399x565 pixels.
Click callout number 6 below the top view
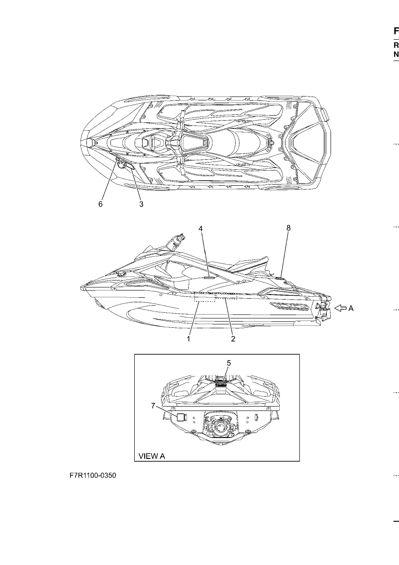[x=100, y=204]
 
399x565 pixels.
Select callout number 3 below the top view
[x=141, y=204]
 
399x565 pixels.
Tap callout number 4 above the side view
[x=200, y=229]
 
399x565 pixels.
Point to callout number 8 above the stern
[x=288, y=228]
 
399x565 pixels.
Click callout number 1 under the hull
[x=188, y=339]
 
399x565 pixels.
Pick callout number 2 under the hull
[x=233, y=339]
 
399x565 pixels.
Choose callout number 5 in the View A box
[x=228, y=363]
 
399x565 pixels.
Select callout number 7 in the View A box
[x=153, y=406]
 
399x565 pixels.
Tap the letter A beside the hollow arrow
[x=351, y=308]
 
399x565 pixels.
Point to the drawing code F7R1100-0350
[x=93, y=475]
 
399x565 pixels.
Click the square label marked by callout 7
[x=181, y=417]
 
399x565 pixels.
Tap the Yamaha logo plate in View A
[x=221, y=385]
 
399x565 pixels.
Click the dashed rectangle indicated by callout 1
[x=204, y=297]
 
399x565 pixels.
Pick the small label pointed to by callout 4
[x=209, y=278]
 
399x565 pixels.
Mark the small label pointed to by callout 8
[x=279, y=278]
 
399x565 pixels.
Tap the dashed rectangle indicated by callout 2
[x=226, y=296]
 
